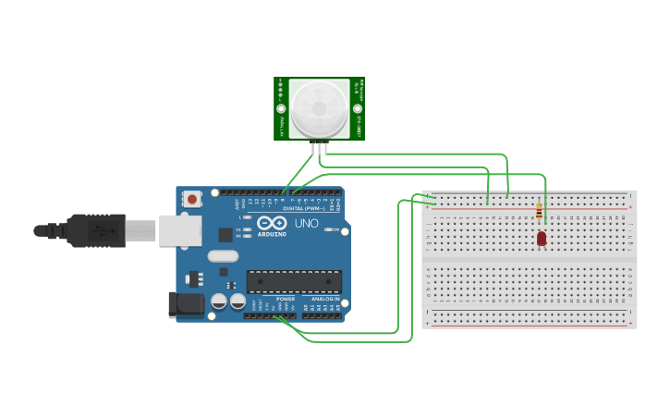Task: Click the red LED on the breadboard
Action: pyautogui.click(x=542, y=239)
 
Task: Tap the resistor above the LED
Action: pyautogui.click(x=539, y=212)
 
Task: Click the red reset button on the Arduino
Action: pyautogui.click(x=192, y=198)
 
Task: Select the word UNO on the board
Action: pyautogui.click(x=306, y=225)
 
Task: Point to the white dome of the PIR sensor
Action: pyautogui.click(x=319, y=107)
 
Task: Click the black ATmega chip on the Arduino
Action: pyautogui.click(x=294, y=281)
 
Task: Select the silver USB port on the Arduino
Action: pyautogui.click(x=179, y=231)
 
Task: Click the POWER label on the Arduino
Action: pyautogui.click(x=286, y=299)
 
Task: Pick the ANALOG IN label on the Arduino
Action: pyautogui.click(x=324, y=299)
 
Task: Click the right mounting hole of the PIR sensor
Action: pyautogui.click(x=358, y=109)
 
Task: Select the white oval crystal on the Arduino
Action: pyautogui.click(x=223, y=256)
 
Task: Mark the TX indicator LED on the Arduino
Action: pyautogui.click(x=246, y=228)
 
